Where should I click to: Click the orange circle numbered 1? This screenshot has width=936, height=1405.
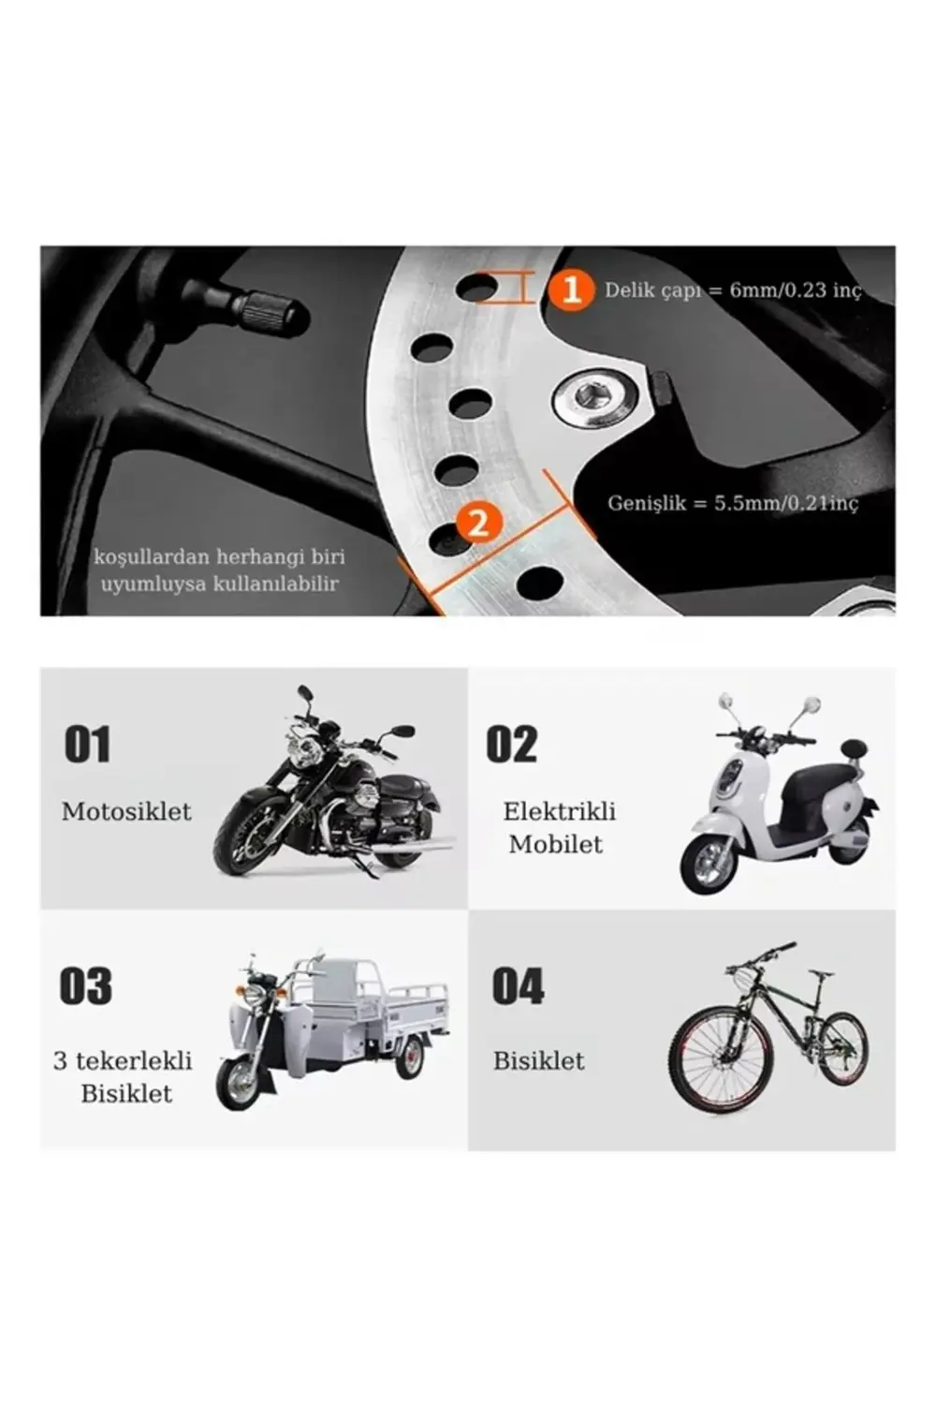[x=571, y=289]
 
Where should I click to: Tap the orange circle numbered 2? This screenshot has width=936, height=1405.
[x=478, y=521]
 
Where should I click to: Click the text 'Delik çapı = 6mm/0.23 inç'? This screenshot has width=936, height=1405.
[x=732, y=290]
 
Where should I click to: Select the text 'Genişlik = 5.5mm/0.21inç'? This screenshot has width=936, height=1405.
[x=732, y=503]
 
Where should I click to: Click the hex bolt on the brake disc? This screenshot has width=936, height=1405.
[x=591, y=397]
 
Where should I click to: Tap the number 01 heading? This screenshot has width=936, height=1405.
[x=87, y=746]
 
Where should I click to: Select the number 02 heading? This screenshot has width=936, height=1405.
[x=512, y=746]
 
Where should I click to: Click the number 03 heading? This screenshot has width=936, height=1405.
[x=86, y=986]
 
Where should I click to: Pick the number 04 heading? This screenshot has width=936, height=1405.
[x=518, y=986]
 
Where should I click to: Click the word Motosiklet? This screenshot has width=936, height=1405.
[x=126, y=811]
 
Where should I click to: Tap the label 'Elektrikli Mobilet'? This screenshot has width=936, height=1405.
[x=559, y=827]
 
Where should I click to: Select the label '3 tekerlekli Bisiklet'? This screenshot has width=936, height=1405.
[x=124, y=1076]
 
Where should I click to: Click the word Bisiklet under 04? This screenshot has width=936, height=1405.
[x=538, y=1060]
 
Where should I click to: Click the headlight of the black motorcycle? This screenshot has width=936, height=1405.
[x=304, y=751]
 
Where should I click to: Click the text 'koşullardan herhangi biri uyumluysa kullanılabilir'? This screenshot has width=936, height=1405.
[x=220, y=569]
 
